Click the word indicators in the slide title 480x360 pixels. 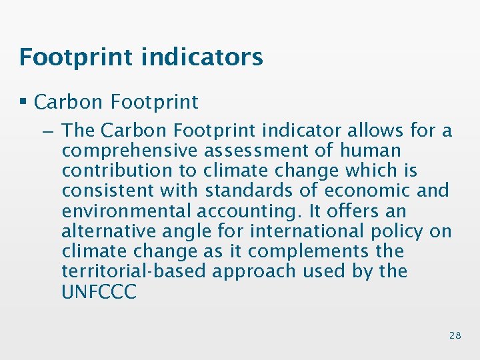click(x=202, y=57)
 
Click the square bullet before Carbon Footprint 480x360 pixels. click(x=24, y=102)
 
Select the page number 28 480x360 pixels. click(x=455, y=335)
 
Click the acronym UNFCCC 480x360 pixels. click(x=99, y=292)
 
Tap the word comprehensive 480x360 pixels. click(x=130, y=151)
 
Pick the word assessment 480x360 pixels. click(x=257, y=151)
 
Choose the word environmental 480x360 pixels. click(x=127, y=211)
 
